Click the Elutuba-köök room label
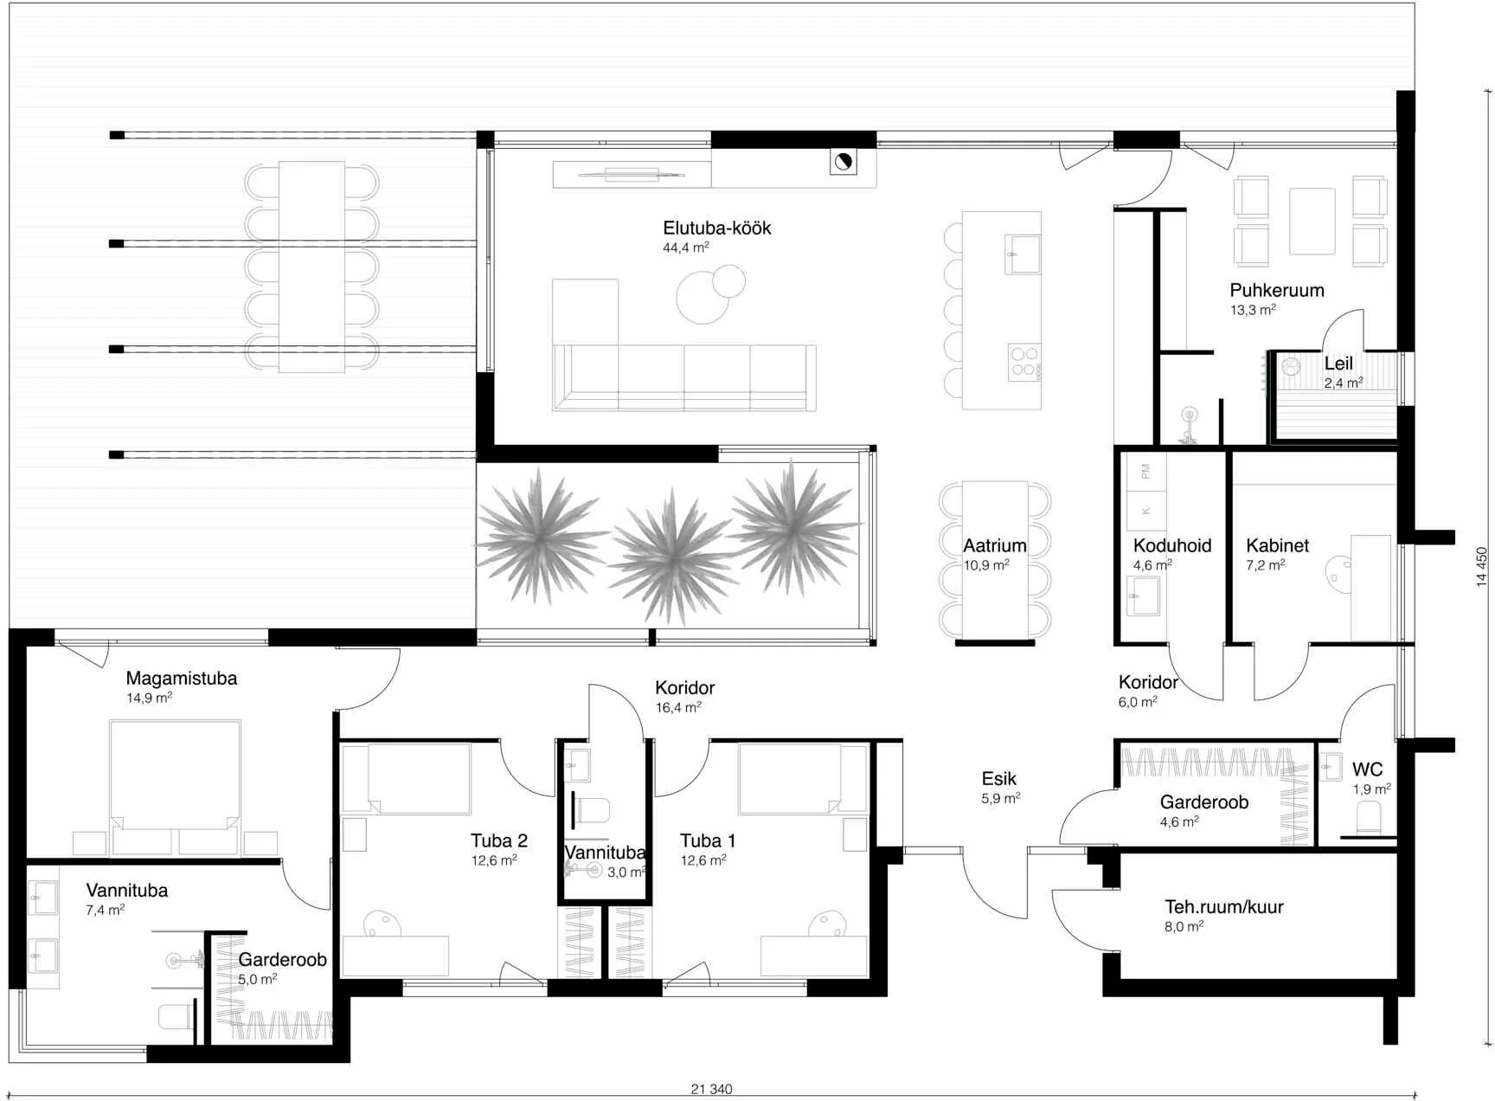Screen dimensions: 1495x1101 (716, 228)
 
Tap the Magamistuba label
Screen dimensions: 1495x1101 (181, 679)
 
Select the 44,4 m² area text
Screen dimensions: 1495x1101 (686, 248)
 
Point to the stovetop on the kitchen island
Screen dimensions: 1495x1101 (1024, 362)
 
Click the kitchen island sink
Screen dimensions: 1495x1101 (1023, 254)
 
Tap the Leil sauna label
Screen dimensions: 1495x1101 (1338, 364)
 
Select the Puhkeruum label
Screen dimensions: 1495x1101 (1277, 290)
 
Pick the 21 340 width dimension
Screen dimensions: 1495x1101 (711, 1089)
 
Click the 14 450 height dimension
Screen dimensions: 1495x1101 (1482, 567)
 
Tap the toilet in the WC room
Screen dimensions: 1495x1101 (1369, 817)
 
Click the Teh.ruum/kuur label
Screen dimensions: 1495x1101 (1223, 907)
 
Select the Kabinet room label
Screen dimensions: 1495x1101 (1277, 545)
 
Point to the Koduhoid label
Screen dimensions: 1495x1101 (1172, 545)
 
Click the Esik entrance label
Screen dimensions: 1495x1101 (998, 778)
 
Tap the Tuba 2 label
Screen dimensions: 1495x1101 (499, 840)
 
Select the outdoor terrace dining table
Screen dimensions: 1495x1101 (311, 267)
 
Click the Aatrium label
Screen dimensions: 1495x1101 (995, 545)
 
